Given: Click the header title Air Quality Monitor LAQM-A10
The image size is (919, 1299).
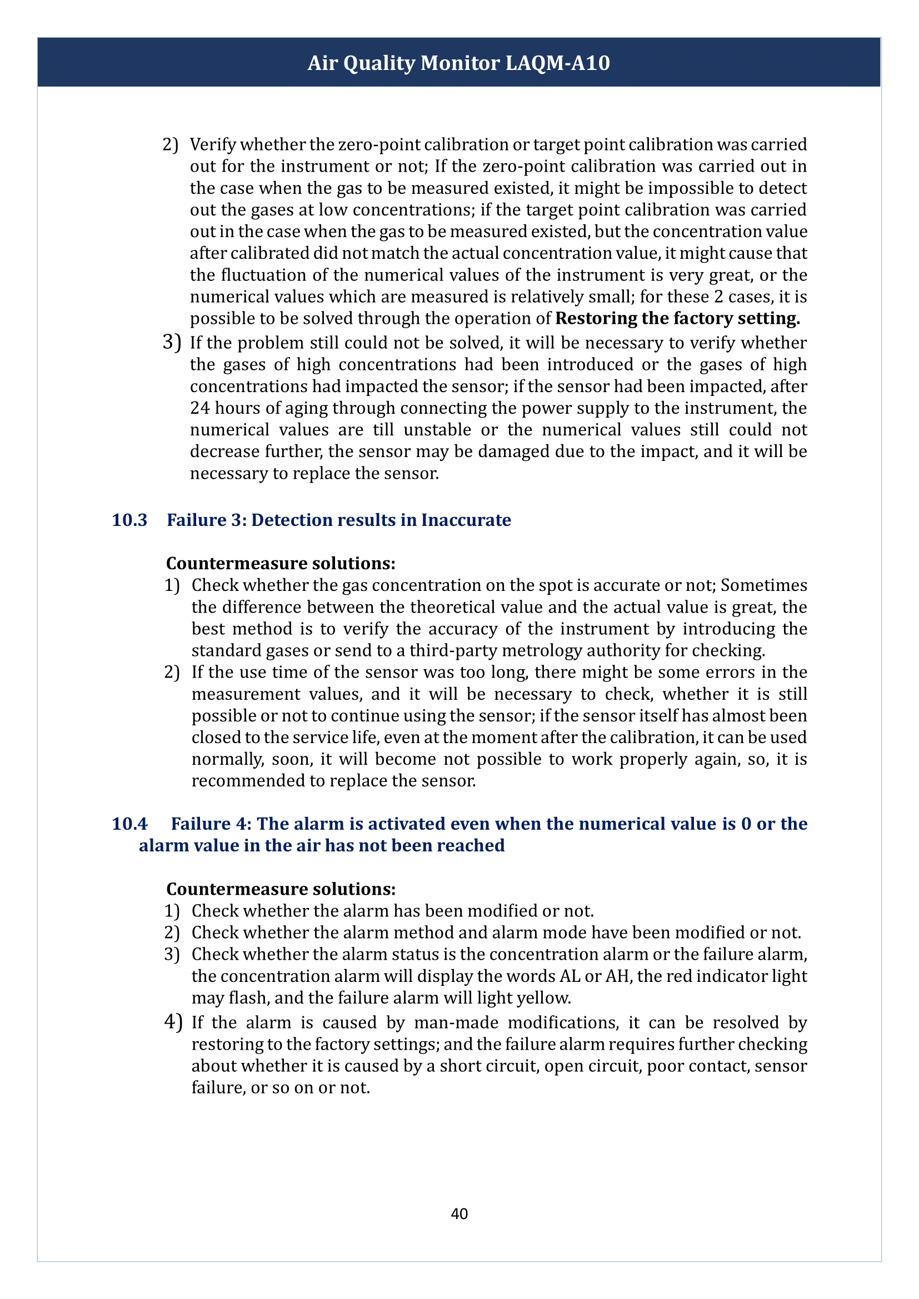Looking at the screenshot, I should coord(459,63).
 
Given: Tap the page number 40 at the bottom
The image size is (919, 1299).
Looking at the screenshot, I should coord(459,1213).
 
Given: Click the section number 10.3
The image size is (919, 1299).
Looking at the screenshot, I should coord(129,520).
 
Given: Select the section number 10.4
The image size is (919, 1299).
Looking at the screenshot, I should coord(129,824).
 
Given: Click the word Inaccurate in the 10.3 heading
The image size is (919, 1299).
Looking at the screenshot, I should coord(466,520).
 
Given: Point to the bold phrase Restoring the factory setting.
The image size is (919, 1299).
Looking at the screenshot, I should coord(677,319).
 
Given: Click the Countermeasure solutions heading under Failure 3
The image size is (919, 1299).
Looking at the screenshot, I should coord(281,564).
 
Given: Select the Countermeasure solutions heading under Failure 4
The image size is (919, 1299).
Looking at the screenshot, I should coord(281,889).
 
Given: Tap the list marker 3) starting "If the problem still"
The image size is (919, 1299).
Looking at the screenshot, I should coord(172,342).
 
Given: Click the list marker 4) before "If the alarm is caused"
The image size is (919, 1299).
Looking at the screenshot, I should coord(173,1022).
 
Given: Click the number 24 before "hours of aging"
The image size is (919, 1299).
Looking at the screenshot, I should coord(200,408).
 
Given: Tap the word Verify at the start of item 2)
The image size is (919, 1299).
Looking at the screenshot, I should coord(213,145).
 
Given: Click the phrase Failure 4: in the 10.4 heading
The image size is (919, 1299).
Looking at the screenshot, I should coord(211,824).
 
